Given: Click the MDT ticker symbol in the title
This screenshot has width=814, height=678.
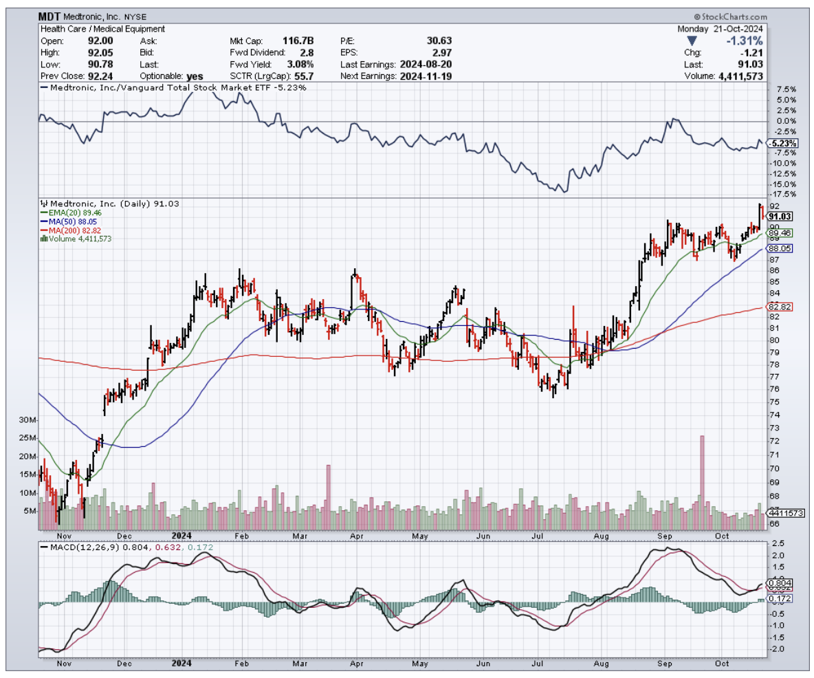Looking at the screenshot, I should click(x=50, y=16).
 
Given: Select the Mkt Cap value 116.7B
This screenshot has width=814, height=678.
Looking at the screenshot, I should click(x=300, y=41).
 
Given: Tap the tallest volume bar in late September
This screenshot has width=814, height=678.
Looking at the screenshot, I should click(x=702, y=474).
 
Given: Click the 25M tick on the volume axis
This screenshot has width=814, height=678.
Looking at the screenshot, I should click(x=28, y=438).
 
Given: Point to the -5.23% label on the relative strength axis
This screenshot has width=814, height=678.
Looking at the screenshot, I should click(x=784, y=143).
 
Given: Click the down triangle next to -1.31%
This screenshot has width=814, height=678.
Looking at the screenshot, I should click(x=692, y=41).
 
